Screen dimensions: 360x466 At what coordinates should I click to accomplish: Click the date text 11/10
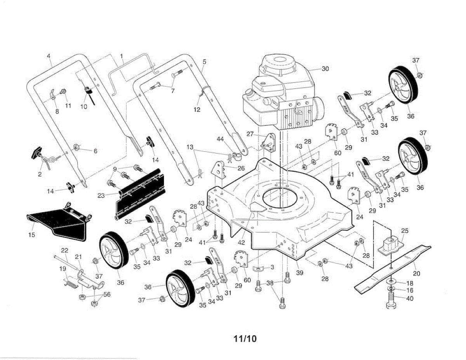[245, 339]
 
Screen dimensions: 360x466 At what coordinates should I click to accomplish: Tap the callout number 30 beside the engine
[325, 69]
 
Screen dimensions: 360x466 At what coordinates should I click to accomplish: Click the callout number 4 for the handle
[49, 56]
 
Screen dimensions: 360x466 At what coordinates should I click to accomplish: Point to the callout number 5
[205, 61]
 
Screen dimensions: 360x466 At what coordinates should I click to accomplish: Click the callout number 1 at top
[122, 56]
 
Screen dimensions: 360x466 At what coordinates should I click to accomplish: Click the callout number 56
[107, 294]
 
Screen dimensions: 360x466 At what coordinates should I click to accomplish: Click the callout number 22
[64, 250]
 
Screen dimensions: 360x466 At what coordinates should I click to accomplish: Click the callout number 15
[31, 235]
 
